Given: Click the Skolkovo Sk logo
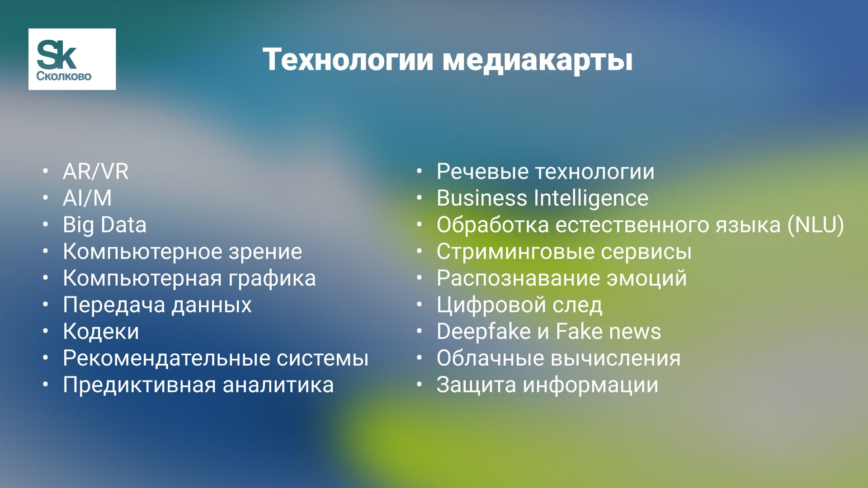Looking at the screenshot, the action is tap(72, 59).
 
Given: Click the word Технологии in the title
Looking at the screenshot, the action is tap(348, 59).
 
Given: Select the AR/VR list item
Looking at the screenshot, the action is tap(96, 172).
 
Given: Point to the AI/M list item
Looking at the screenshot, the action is tap(87, 198).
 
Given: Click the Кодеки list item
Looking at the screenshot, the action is tap(101, 332).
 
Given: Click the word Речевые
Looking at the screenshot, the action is tap(483, 172).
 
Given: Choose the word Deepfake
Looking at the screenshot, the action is tap(484, 332).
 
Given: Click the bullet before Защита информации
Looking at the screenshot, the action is tap(420, 385).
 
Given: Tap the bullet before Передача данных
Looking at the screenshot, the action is tap(46, 305).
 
